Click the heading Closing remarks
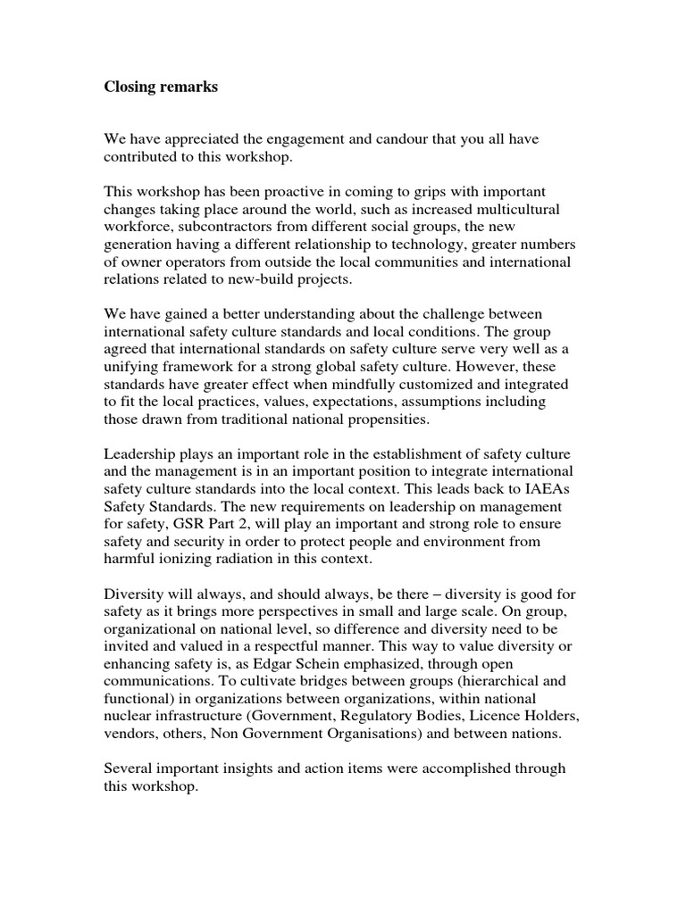point(161,87)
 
